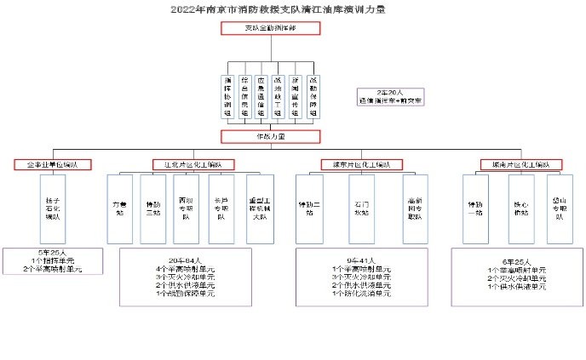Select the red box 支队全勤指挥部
(270, 28)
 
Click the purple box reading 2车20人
(390, 96)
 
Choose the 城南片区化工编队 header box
(520, 163)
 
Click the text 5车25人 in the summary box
(53, 254)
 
